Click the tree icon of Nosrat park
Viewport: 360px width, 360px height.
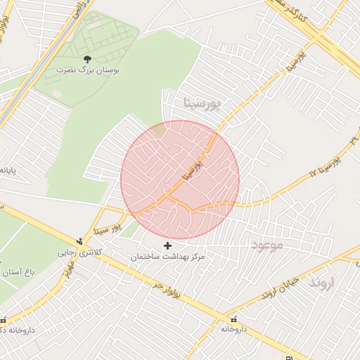pyautogui.click(x=86, y=60)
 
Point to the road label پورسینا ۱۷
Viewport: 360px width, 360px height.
pyautogui.click(x=326, y=165)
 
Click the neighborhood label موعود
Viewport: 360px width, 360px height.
pyautogui.click(x=266, y=245)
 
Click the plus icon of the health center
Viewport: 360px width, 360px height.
pyautogui.click(x=167, y=245)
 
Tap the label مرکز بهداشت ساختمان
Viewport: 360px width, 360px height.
pyautogui.click(x=167, y=257)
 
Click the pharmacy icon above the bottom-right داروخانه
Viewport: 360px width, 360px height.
pyautogui.click(x=234, y=319)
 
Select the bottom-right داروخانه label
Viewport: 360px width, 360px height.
pyautogui.click(x=234, y=329)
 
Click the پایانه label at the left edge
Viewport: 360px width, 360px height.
pyautogui.click(x=7, y=170)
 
